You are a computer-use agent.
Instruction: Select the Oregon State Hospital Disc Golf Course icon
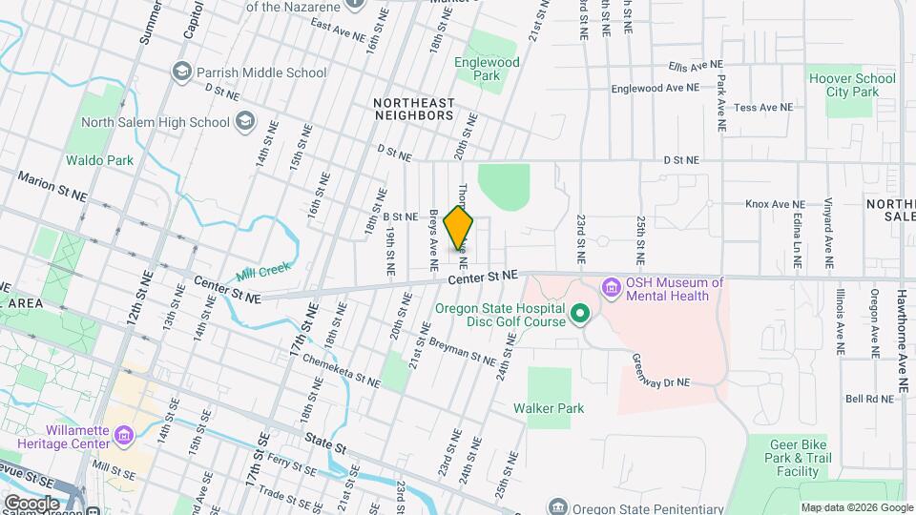click(x=578, y=314)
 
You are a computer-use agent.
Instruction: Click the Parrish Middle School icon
click(x=181, y=72)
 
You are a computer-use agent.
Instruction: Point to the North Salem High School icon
click(x=245, y=121)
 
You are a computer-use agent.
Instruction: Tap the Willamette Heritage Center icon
click(x=124, y=437)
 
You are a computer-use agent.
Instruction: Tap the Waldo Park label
click(x=99, y=160)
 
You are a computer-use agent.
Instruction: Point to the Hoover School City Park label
click(x=851, y=85)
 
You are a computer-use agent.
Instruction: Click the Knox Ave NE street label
click(x=775, y=204)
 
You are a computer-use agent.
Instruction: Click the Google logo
click(x=31, y=503)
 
